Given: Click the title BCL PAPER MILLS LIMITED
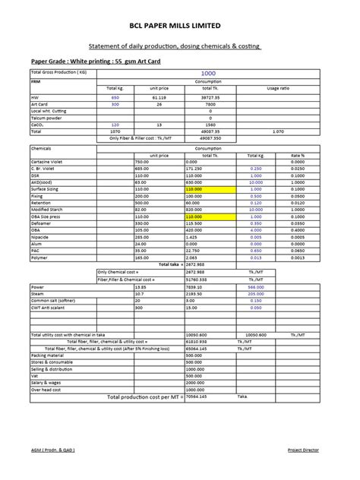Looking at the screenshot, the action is click(179, 25).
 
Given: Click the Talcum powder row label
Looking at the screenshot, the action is click(45, 117).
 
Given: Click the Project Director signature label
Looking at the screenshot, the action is click(303, 450).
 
